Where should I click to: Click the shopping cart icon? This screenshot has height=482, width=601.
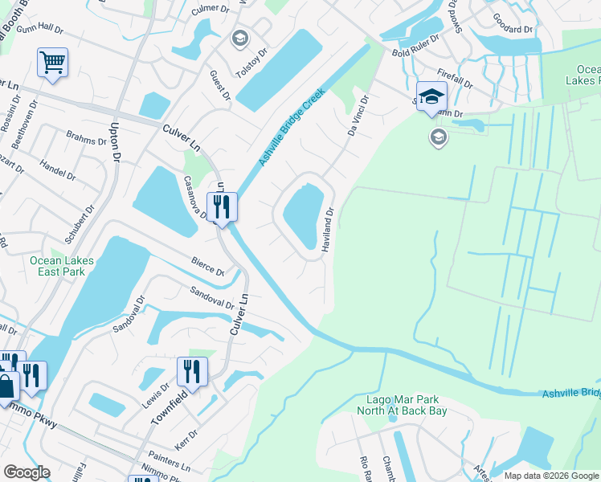point(52,62)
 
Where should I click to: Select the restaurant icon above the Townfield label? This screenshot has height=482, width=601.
point(191,370)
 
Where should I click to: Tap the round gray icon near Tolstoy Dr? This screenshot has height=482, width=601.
point(239,38)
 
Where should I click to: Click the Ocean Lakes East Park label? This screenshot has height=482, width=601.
point(62,266)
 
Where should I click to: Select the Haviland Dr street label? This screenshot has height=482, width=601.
point(328,231)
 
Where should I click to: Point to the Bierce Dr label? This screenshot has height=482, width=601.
point(206,265)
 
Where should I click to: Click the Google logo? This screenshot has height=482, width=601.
point(27,472)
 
